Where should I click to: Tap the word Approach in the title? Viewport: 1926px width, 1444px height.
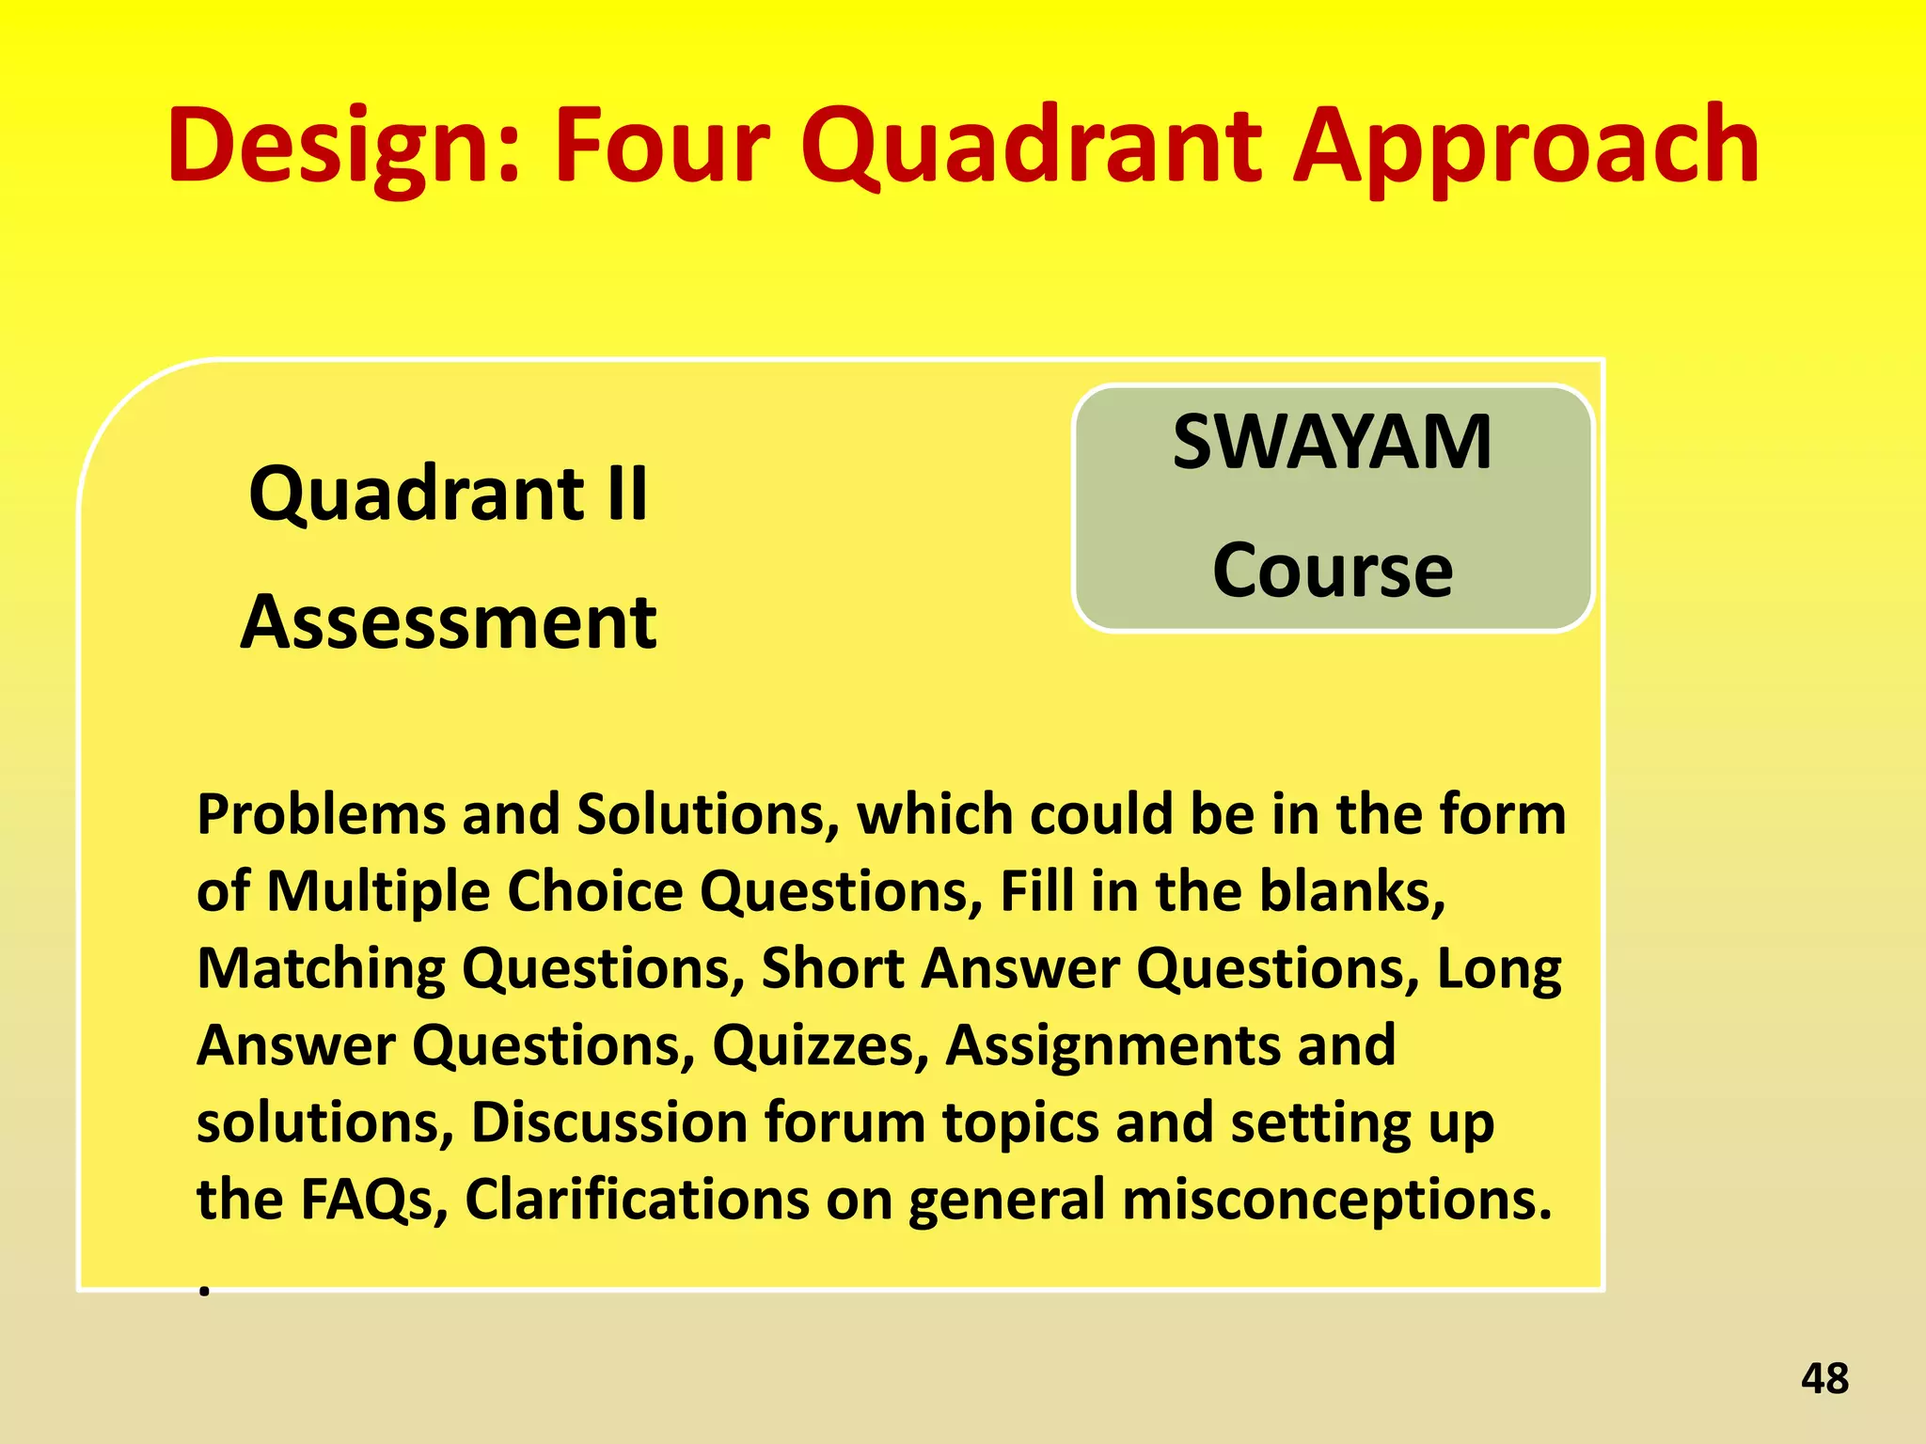click(1524, 146)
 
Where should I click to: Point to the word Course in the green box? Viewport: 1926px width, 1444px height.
click(1332, 570)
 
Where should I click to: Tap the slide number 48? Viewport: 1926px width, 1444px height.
click(1824, 1379)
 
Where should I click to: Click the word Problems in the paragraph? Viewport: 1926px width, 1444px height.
click(320, 814)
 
